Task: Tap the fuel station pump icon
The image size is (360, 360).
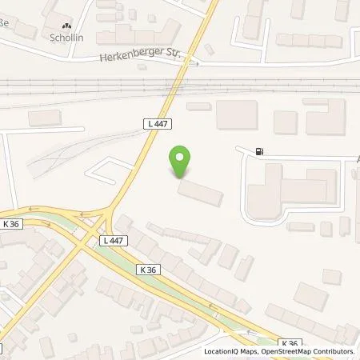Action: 258,151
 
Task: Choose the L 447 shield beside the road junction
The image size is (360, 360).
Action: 113,240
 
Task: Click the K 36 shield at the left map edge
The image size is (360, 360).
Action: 12,224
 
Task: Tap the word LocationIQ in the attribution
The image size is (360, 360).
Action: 218,351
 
